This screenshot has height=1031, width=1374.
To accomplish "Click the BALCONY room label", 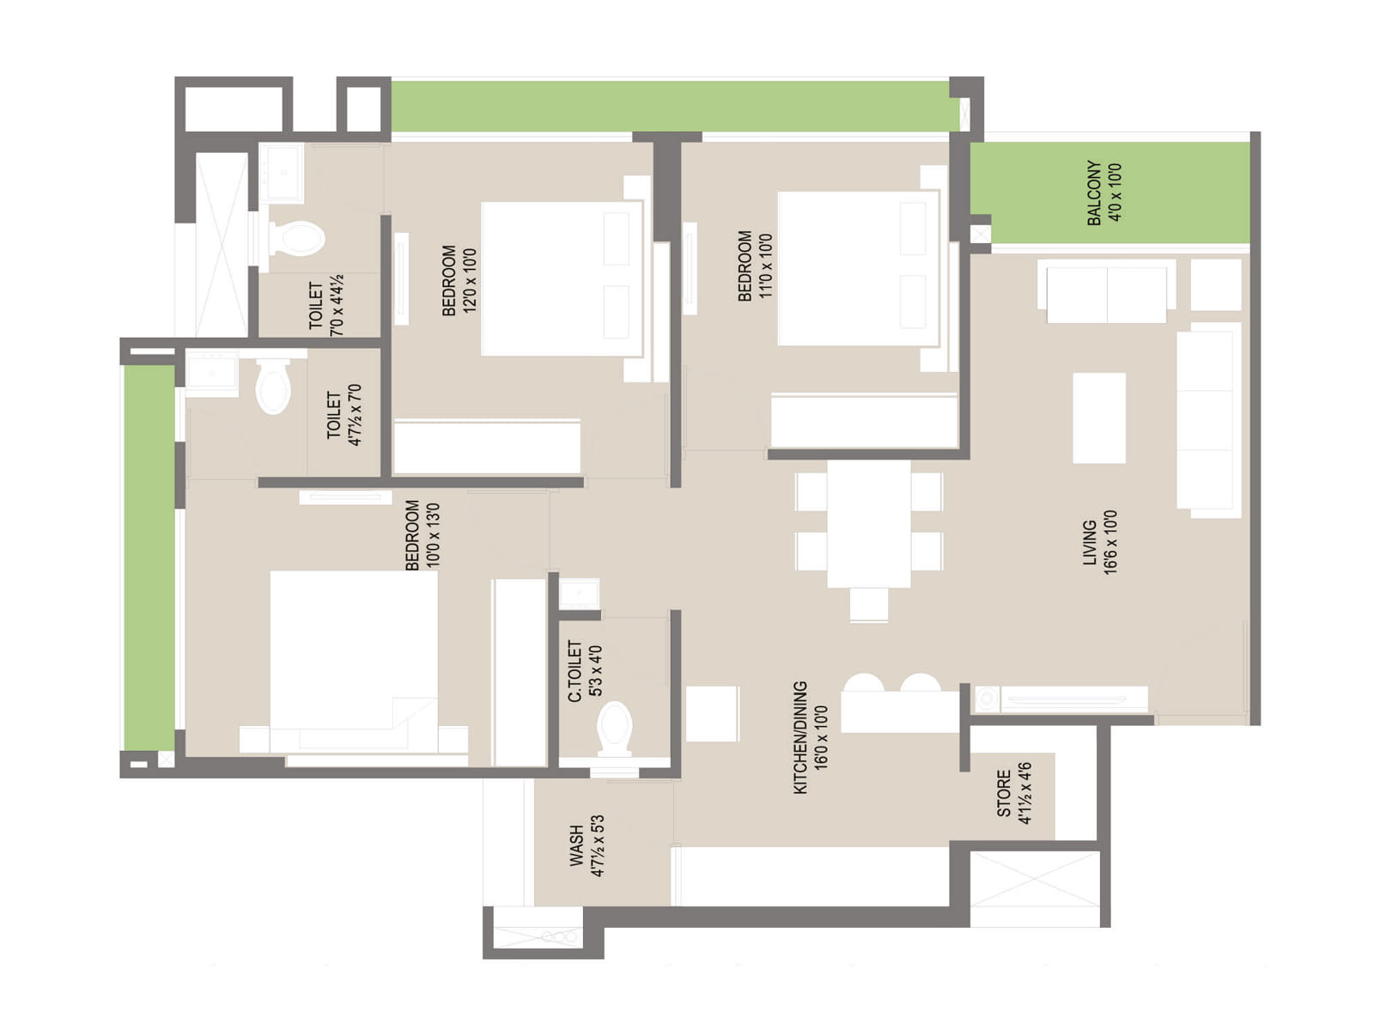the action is point(1094,192).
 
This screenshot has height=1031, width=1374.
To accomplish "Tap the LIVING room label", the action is point(1090,542).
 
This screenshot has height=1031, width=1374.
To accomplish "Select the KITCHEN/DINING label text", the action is point(800,738).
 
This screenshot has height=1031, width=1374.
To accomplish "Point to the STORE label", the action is point(1004,794).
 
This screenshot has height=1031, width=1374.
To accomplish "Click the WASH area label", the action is point(576,845).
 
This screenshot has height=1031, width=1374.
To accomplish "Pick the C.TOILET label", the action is point(575,670).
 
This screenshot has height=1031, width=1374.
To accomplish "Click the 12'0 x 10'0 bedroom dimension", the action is point(470,280).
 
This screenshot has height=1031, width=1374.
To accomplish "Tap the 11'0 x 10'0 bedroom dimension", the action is point(765,266).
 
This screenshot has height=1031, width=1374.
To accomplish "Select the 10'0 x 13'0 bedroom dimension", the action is point(433,535).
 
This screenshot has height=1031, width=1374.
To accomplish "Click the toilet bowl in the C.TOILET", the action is point(614,729).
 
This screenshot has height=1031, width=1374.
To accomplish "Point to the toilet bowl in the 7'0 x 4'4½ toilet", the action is point(296,239).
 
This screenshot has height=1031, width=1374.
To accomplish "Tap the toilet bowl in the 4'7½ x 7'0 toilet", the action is point(273,386).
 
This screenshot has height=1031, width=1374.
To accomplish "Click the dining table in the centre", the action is point(869,525).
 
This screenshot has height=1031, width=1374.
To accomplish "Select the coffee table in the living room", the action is point(1099,418).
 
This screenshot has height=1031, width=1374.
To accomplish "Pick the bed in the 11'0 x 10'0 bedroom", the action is point(859,269).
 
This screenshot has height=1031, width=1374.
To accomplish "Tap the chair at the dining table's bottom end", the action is point(869,604).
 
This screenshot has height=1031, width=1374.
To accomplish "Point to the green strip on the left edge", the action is point(149,557).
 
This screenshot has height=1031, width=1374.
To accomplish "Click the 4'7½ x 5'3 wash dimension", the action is point(598,845).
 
